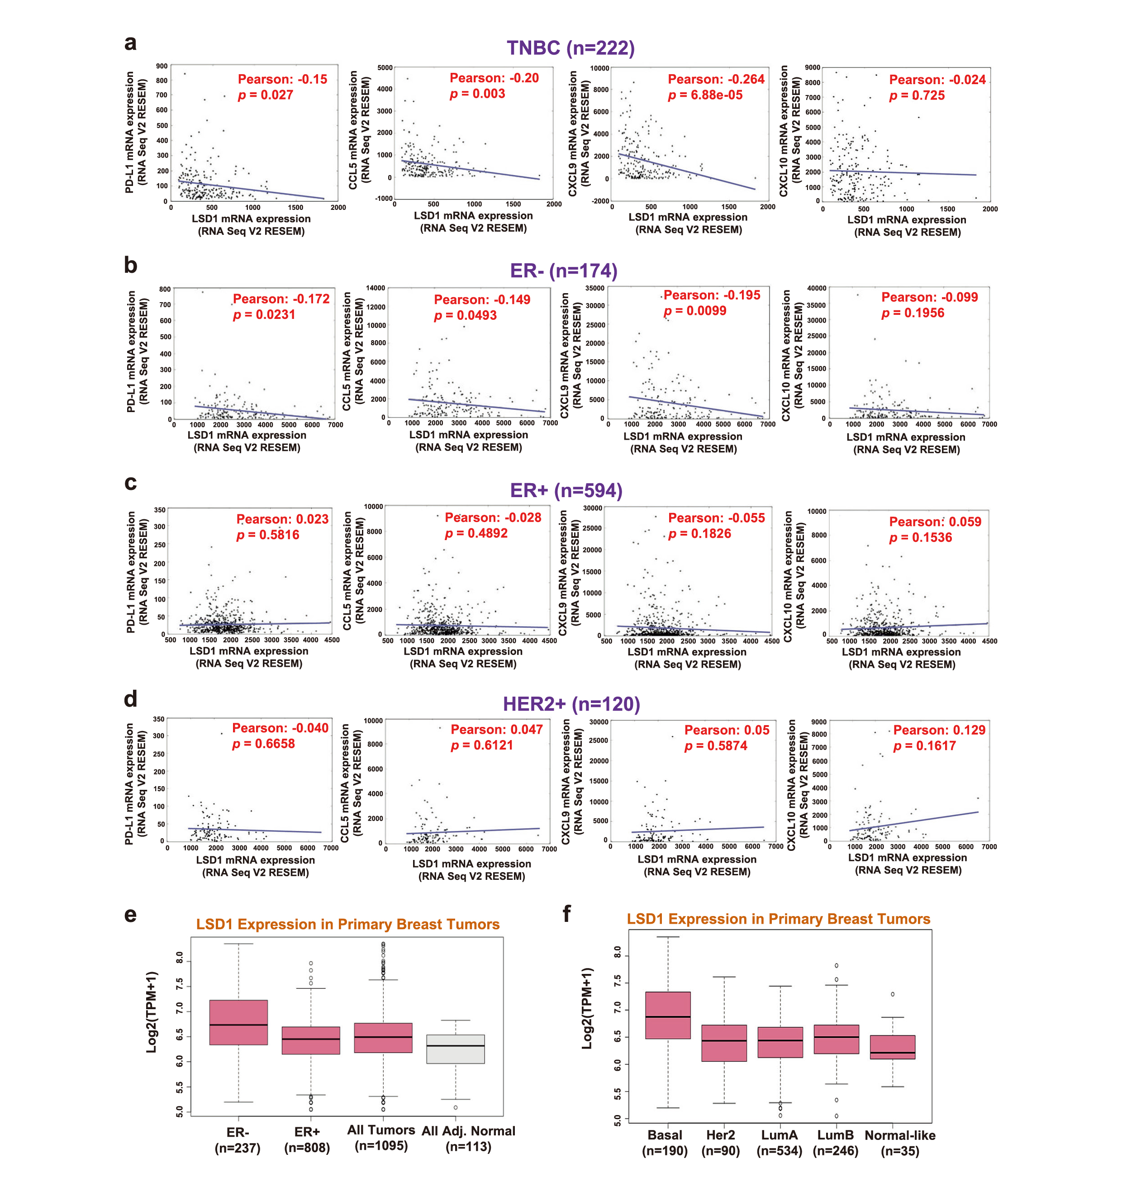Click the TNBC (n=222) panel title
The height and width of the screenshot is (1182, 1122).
tap(571, 48)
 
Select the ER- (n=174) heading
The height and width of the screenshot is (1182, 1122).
tap(563, 271)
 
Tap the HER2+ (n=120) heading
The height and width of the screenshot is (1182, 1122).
tap(571, 704)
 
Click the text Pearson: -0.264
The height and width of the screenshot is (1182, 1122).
tap(716, 80)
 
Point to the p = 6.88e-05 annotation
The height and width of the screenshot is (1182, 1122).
tap(705, 95)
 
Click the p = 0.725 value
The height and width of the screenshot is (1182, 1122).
tap(917, 95)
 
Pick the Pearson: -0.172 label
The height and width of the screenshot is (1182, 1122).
tap(281, 299)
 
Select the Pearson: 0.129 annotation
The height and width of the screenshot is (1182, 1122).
tap(939, 730)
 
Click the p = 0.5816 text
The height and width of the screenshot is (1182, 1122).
tap(268, 535)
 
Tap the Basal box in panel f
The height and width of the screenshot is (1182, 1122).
tap(667, 1015)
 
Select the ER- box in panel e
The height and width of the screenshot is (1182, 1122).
tap(238, 1022)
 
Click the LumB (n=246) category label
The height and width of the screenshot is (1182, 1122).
tap(836, 1143)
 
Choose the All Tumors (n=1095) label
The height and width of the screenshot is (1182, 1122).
tap(381, 1138)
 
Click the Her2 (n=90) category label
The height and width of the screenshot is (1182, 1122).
tap(721, 1143)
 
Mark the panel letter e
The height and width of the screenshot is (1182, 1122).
tap(130, 915)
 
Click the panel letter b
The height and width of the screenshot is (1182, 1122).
tap(130, 265)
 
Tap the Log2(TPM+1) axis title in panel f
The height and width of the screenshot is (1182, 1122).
tap(587, 1008)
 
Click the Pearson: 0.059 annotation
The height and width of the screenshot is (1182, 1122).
tap(935, 522)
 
